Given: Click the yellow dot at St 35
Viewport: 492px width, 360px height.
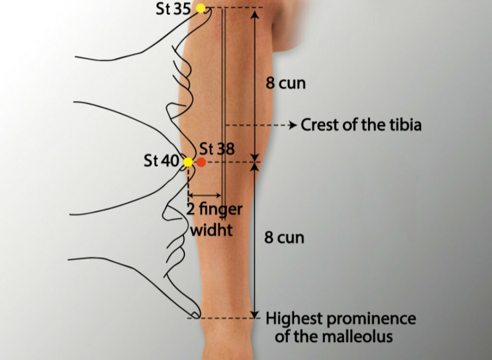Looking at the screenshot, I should click(x=200, y=8).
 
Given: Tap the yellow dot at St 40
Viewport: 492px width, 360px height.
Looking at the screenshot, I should click(x=188, y=162).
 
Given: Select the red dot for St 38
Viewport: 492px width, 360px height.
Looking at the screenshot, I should click(x=201, y=162).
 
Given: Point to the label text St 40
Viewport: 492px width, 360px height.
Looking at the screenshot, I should click(x=161, y=161).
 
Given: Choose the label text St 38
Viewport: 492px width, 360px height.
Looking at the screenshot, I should click(x=217, y=149).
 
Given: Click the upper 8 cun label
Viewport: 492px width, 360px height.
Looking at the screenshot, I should click(x=286, y=84).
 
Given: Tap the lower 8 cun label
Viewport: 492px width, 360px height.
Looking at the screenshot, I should click(x=284, y=238).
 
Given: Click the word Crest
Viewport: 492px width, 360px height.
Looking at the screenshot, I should click(x=321, y=125).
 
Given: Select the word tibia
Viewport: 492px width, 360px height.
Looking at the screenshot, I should click(x=404, y=125).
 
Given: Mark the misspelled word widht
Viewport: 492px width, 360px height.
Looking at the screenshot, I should click(x=211, y=230).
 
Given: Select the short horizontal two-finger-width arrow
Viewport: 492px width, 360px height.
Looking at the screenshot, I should click(x=205, y=195).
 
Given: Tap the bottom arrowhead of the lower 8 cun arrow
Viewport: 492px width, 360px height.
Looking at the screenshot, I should click(x=255, y=313).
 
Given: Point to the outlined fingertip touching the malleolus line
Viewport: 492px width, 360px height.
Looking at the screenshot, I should click(x=195, y=314).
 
